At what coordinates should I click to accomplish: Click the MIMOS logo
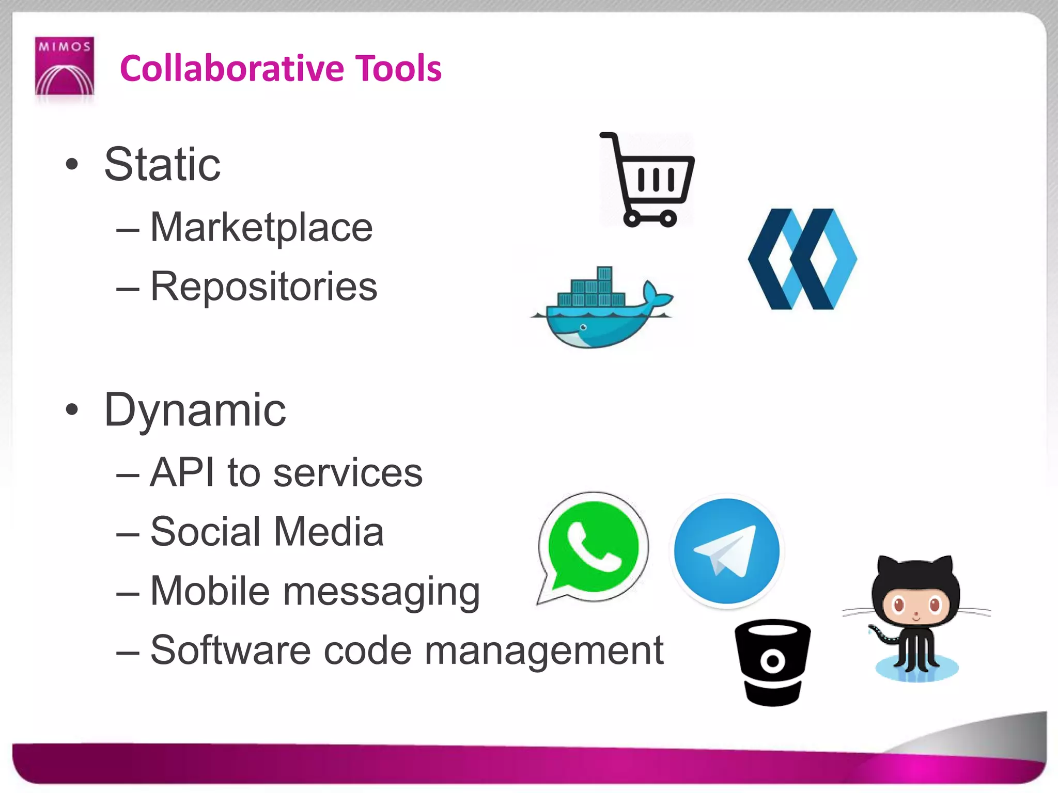(64, 66)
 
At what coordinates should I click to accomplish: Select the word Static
(162, 165)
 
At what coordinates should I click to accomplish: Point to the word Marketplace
(261, 228)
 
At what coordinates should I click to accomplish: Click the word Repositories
(263, 287)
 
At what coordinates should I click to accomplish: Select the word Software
(230, 651)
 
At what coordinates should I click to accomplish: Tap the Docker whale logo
(602, 310)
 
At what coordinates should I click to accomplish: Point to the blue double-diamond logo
(802, 259)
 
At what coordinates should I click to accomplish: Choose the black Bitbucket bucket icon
(772, 662)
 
